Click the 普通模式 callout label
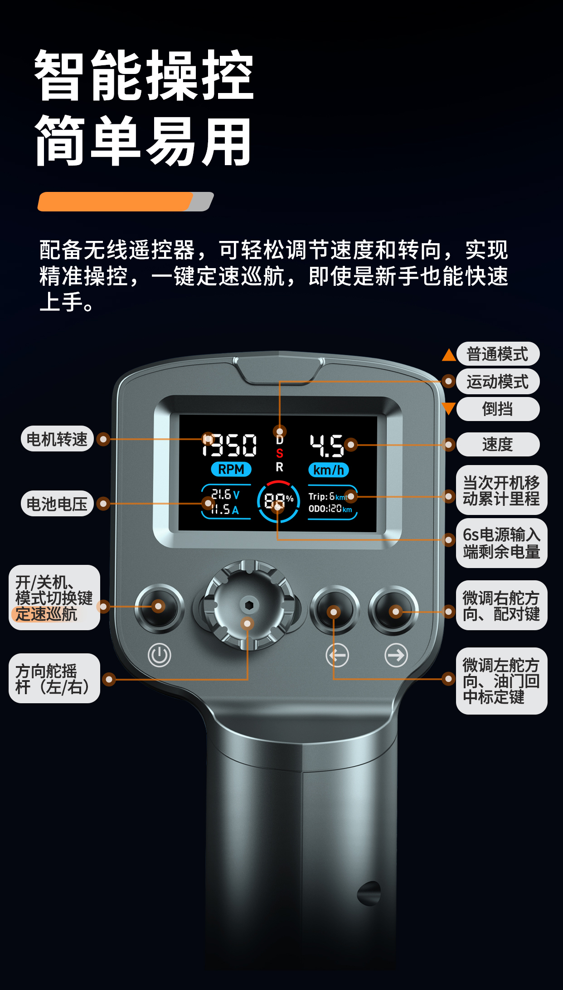click(x=497, y=354)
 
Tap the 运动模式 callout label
click(x=497, y=382)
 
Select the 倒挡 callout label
click(x=497, y=409)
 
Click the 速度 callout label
click(x=497, y=444)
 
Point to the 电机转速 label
click(x=57, y=439)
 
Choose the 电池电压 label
click(x=57, y=504)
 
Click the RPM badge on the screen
click(x=231, y=469)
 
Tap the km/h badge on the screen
click(x=329, y=470)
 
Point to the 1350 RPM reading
click(x=229, y=445)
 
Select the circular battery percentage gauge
click(x=278, y=501)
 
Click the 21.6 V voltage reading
click(x=225, y=494)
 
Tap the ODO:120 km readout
click(x=330, y=509)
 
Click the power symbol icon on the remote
click(x=160, y=655)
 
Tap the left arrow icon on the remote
click(x=337, y=655)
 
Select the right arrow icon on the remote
click(x=396, y=655)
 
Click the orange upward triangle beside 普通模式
click(x=449, y=355)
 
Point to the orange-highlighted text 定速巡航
click(x=46, y=614)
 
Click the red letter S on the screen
click(x=280, y=453)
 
